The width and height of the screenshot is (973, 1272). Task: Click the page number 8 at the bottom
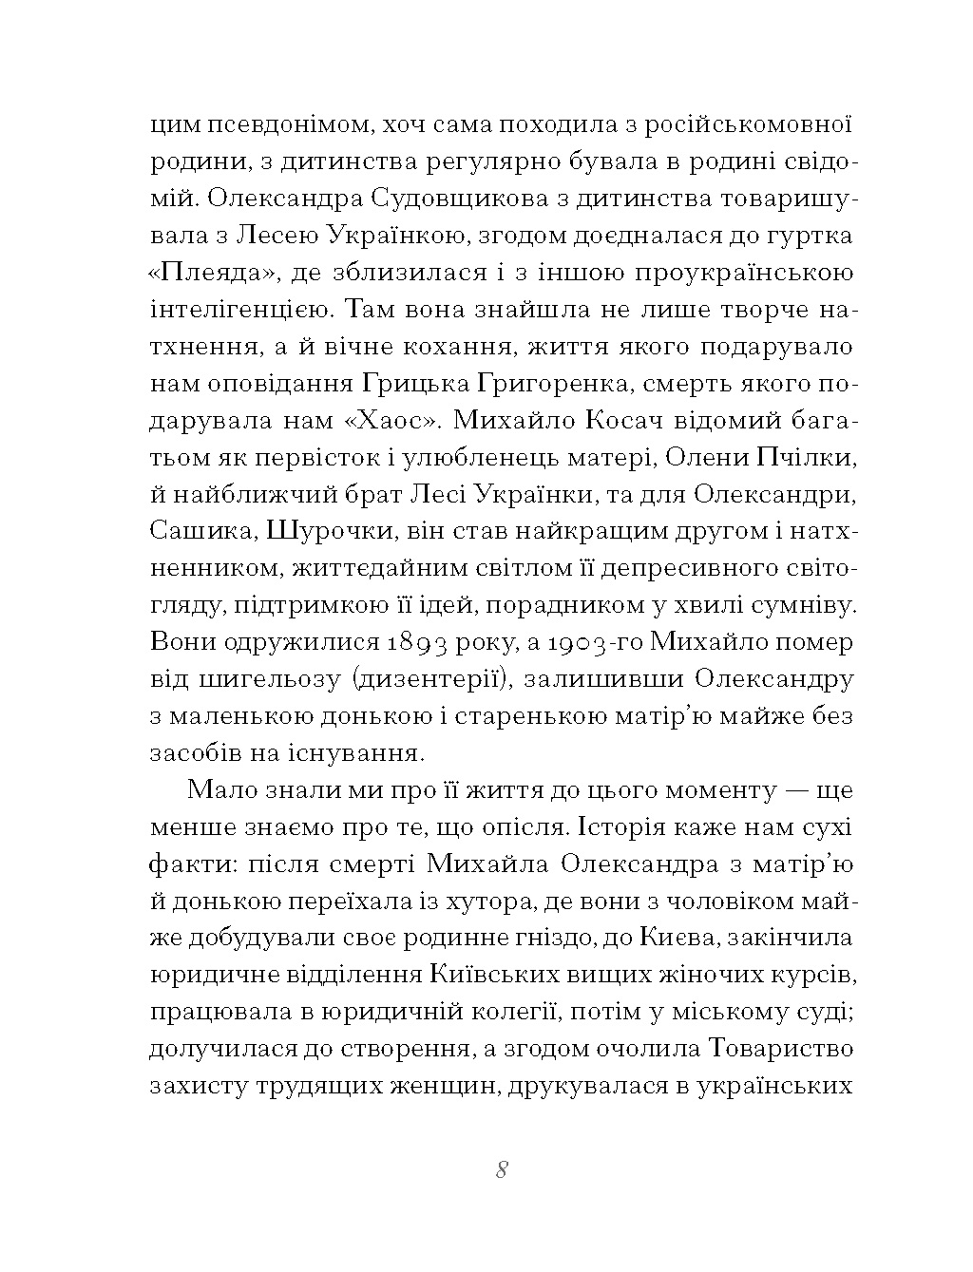point(502,1169)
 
